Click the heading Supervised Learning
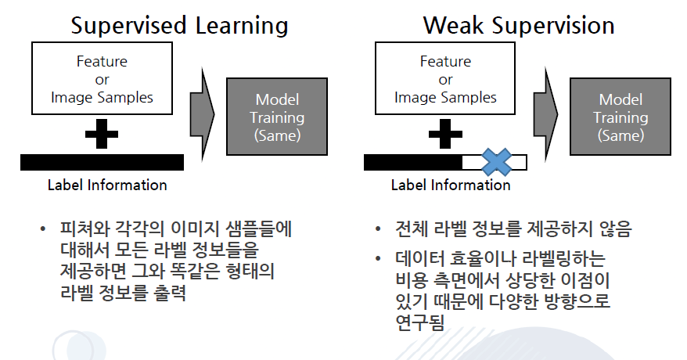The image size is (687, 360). click(180, 26)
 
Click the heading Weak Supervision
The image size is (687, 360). click(519, 25)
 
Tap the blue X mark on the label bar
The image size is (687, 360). click(496, 162)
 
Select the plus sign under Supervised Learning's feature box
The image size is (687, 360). click(102, 134)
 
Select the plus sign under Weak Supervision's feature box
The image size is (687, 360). click(445, 134)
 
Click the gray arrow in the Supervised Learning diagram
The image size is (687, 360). click(202, 115)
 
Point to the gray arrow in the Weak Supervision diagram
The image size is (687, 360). click(545, 115)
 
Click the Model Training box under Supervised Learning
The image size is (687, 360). click(277, 117)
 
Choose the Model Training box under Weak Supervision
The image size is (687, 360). click(620, 117)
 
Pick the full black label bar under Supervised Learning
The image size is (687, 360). click(102, 162)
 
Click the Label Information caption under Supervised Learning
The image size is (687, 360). click(107, 185)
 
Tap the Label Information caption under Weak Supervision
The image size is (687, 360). click(451, 185)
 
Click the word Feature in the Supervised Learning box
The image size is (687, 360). click(102, 61)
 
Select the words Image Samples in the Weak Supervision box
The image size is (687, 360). click(445, 97)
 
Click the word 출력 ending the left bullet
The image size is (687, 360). click(170, 293)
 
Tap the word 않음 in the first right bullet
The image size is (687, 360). click(616, 229)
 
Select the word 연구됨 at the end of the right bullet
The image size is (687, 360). click(419, 322)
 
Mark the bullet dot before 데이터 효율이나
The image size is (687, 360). click(378, 258)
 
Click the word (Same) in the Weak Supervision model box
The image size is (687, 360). click(620, 135)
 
